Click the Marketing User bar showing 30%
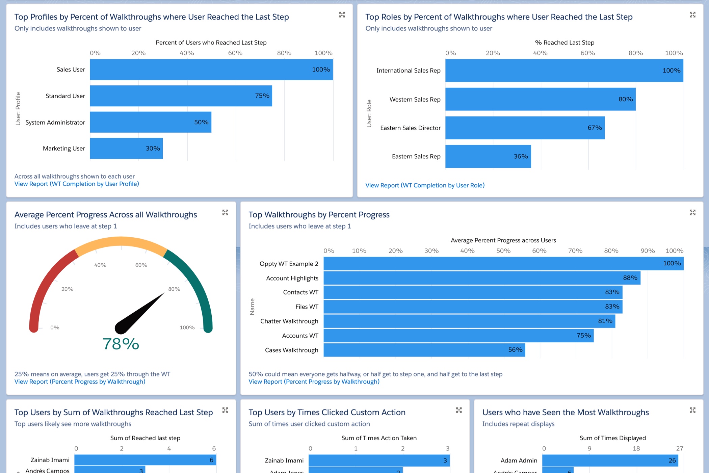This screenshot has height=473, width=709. pos(126,149)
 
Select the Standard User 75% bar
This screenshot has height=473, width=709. pos(181,96)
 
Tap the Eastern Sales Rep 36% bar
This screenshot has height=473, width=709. pos(488,157)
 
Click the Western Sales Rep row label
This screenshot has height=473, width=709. pos(415,100)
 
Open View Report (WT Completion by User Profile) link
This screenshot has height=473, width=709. pos(77,184)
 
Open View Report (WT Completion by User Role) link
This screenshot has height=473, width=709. pos(425,185)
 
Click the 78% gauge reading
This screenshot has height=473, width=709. pos(121,344)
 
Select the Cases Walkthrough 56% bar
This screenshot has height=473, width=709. pos(424,350)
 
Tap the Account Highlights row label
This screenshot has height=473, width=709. pos(292,278)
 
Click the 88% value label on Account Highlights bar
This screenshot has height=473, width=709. pos(630,278)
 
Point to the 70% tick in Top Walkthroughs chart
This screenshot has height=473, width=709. pos(575,251)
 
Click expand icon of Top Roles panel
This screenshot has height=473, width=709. pos(692,15)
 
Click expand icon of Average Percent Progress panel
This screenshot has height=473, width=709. pos(225,212)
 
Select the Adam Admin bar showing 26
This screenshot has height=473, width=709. pos(610,461)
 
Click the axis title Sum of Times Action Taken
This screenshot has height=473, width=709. pos(379,438)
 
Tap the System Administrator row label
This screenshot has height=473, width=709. pos(55,123)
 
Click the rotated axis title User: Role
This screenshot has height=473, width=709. pos(369,113)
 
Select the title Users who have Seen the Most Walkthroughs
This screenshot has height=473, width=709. pos(566,413)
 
